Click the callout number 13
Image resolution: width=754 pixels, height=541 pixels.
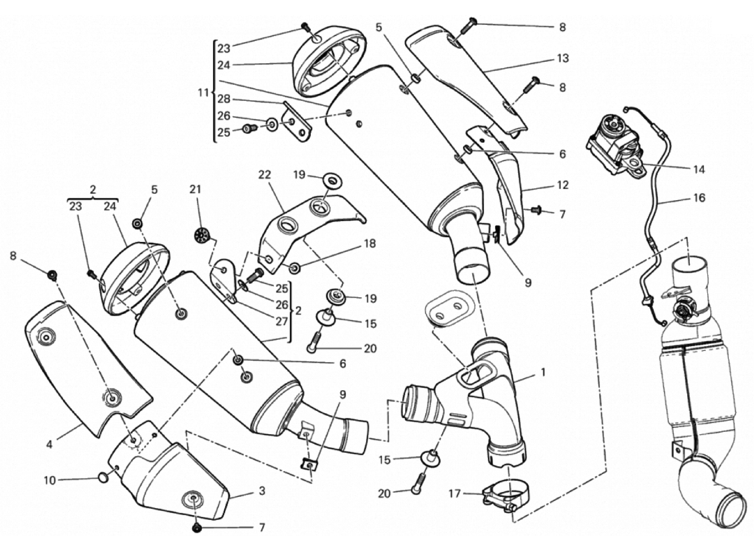coord(562,59)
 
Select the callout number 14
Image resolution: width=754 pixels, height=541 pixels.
coord(699,170)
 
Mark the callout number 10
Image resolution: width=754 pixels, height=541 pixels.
coord(50,480)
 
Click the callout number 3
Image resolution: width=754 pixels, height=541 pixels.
coord(262,491)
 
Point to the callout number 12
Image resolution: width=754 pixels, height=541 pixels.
coord(562,185)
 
